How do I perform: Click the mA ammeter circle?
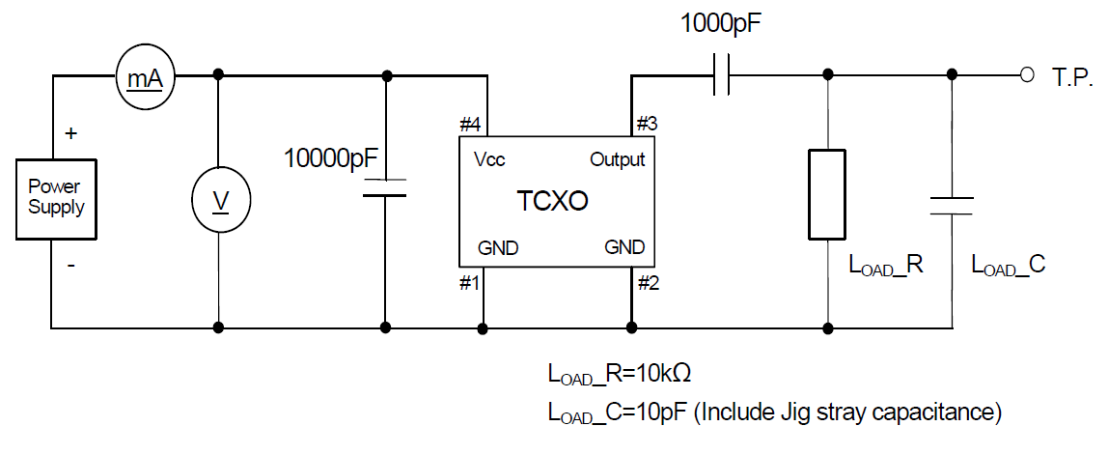point(145,74)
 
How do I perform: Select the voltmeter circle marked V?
point(220,201)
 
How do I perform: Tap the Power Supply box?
point(56,198)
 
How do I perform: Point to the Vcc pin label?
point(489,159)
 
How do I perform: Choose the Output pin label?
point(617,159)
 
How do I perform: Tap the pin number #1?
point(470,282)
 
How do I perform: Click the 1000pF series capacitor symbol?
point(721,74)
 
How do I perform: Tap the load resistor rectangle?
point(828,194)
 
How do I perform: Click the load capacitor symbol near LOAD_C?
point(952,205)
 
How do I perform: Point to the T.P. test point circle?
point(1028,74)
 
